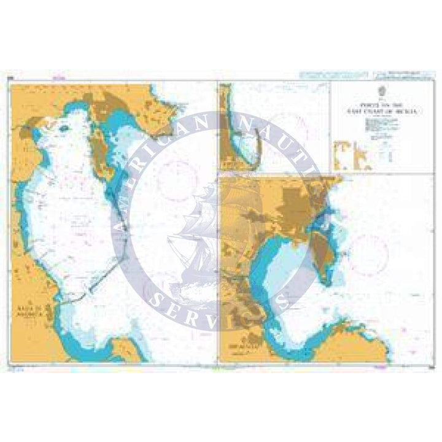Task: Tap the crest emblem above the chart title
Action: tap(381, 91)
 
